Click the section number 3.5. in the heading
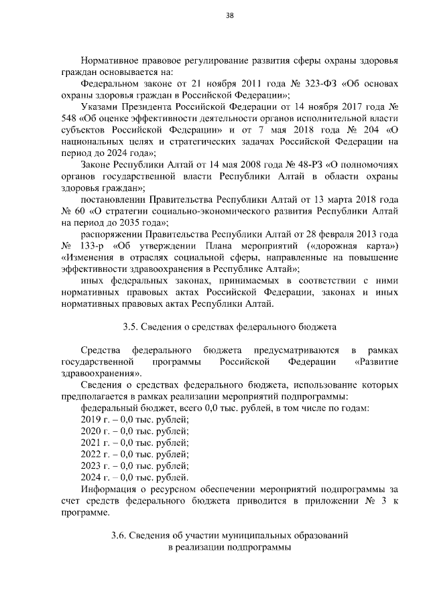point(131,327)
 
